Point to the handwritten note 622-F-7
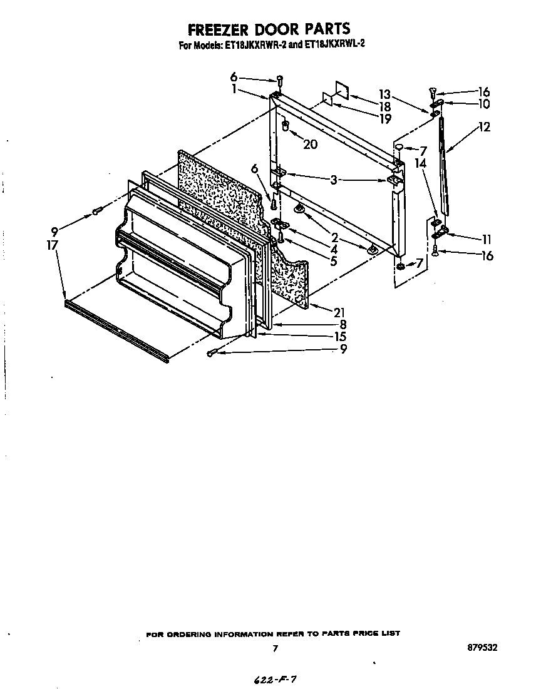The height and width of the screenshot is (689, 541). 272,679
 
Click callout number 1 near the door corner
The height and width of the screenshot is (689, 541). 234,89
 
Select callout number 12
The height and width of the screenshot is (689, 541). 484,127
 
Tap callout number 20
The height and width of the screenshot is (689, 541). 310,145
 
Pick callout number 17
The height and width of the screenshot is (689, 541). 52,245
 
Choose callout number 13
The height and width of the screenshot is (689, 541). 384,95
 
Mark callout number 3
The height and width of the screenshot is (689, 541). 334,180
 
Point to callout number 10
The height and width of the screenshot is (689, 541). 484,104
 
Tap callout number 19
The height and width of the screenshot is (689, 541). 385,118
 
